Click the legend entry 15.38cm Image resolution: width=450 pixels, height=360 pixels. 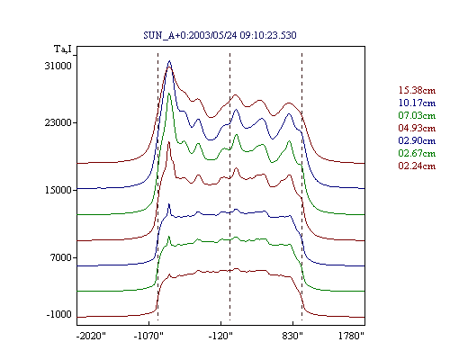click(417, 90)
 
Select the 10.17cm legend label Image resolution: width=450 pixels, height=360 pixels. click(417, 103)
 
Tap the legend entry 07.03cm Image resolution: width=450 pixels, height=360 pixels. click(417, 115)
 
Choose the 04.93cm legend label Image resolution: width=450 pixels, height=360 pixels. click(417, 128)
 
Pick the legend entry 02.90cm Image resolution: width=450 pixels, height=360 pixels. click(417, 140)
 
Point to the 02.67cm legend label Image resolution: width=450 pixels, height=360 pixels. click(417, 153)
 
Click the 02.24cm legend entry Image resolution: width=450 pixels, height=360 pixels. click(417, 166)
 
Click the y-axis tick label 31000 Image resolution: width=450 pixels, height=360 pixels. click(58, 66)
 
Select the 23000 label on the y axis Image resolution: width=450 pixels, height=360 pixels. click(58, 122)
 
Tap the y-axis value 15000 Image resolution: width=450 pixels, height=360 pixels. click(58, 190)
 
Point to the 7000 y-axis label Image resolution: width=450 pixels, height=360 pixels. click(61, 257)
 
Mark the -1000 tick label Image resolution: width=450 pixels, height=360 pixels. click(59, 314)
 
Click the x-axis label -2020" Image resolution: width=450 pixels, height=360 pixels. click(91, 336)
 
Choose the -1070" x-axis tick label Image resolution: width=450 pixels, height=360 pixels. click(148, 336)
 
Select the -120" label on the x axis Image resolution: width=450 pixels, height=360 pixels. click(220, 336)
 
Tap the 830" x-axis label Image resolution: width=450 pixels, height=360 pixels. click(292, 336)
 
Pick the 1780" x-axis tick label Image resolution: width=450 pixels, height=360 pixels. click(351, 336)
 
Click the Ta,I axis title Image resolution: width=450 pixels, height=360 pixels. click(63, 49)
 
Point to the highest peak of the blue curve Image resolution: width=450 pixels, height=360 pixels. click(169, 61)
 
